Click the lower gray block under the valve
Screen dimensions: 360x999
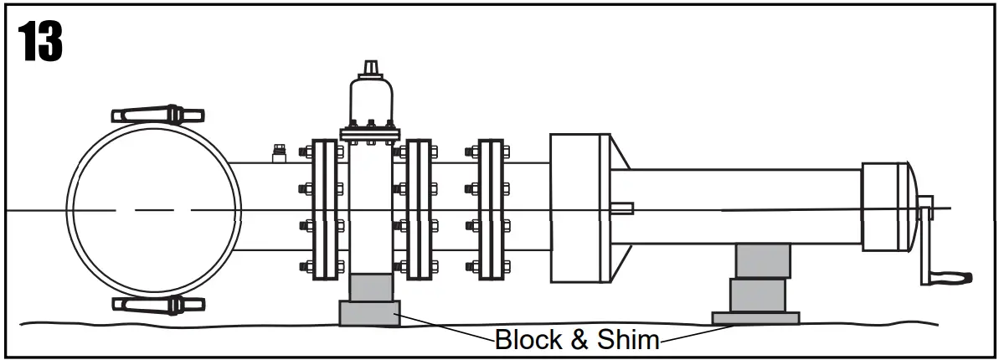[x=369, y=314]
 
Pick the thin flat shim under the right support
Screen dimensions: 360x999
[x=755, y=318]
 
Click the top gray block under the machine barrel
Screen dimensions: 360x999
[x=762, y=260]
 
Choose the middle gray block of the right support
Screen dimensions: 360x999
[x=757, y=295]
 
